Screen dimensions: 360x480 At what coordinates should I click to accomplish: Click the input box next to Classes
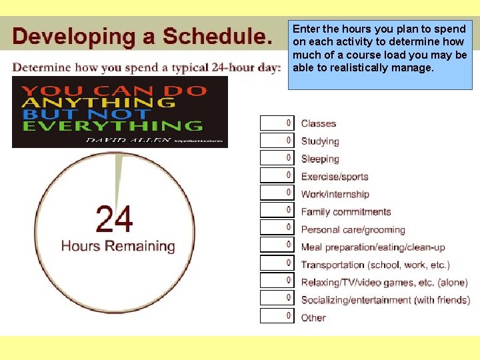click(277, 123)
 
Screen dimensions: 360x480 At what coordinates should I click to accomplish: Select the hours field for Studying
click(277, 141)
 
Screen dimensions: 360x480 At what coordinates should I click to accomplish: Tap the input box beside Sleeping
click(277, 158)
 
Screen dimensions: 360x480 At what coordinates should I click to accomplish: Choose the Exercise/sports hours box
click(277, 175)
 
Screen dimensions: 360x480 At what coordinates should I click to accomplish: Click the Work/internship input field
click(277, 193)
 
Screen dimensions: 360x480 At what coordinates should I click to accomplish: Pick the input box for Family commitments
click(277, 211)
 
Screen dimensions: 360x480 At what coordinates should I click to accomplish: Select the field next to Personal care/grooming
click(277, 228)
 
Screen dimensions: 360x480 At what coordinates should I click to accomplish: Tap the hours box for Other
click(277, 316)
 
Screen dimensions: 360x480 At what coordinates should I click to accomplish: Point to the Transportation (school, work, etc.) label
click(375, 265)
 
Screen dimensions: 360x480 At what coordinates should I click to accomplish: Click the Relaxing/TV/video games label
click(384, 283)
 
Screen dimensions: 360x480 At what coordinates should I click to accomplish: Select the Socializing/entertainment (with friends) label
click(385, 300)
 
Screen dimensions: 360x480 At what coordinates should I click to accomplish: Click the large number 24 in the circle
click(114, 219)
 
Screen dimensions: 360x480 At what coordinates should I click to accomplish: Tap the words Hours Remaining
click(118, 246)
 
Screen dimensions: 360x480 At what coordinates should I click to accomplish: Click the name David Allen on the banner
click(128, 140)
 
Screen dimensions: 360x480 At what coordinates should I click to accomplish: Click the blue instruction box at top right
click(380, 55)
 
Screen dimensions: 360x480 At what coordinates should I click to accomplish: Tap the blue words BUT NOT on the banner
click(73, 113)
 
